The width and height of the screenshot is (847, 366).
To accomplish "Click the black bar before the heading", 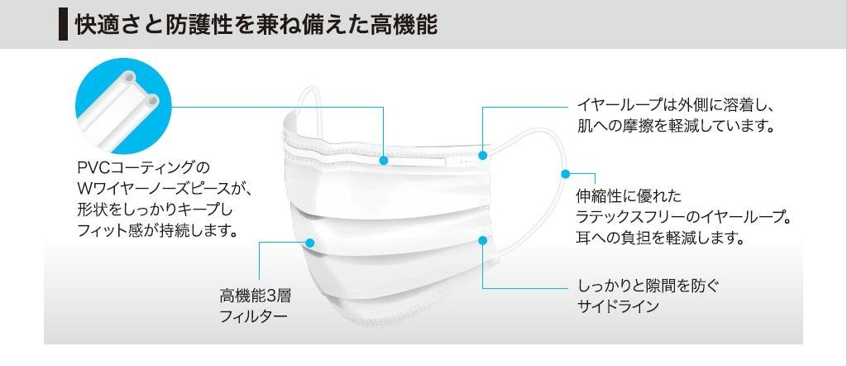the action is [62, 24].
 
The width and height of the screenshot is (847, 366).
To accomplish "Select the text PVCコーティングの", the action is [144, 168].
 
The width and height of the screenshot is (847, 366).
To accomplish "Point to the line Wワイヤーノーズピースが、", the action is [163, 190].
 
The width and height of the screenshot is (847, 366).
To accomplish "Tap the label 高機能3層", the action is [256, 296].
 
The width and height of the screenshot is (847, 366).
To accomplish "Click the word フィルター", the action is [254, 316].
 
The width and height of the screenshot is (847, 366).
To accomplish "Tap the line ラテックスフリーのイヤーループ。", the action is [684, 218].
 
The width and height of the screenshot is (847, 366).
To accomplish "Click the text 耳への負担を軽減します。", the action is [661, 238].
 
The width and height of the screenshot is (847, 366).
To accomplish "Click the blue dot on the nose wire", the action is [384, 160].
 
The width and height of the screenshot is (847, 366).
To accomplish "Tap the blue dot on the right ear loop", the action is [566, 174].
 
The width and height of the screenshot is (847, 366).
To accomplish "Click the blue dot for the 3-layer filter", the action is [310, 243].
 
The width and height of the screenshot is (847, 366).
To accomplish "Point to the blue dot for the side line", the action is [483, 240].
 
